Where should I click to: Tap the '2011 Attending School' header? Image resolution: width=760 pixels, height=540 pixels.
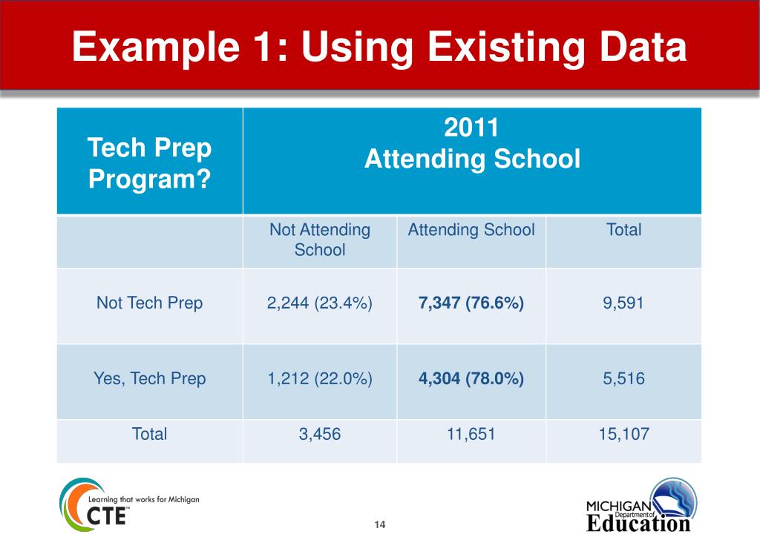[x=472, y=144]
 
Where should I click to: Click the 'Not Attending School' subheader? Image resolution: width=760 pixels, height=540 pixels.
[x=319, y=240]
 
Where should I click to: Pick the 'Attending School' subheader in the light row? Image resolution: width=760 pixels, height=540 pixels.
[x=471, y=230]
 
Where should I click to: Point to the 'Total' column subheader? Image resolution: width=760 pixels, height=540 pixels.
[x=623, y=230]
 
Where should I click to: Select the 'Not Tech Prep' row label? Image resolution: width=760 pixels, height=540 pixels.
[x=149, y=303]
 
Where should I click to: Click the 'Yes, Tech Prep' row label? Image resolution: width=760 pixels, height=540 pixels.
[x=149, y=378]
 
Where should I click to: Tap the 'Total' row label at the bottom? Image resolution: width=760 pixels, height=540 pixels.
[x=149, y=434]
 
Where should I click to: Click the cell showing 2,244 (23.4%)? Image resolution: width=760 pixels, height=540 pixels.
[x=319, y=303]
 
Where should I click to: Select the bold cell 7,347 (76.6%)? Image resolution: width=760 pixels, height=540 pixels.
[x=471, y=303]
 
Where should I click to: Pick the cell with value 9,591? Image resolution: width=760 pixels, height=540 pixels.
[x=623, y=303]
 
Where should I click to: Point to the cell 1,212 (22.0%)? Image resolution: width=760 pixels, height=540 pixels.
[x=319, y=378]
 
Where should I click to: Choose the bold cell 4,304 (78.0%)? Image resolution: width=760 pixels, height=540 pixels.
[x=471, y=378]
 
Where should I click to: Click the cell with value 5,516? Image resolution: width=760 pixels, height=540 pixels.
[x=623, y=378]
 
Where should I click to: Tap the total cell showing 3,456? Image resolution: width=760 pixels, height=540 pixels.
[x=319, y=434]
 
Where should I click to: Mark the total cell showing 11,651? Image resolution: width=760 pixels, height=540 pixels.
[x=471, y=434]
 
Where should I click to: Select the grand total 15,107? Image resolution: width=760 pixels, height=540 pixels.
[x=623, y=434]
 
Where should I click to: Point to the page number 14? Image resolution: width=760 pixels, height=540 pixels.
[x=380, y=525]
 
